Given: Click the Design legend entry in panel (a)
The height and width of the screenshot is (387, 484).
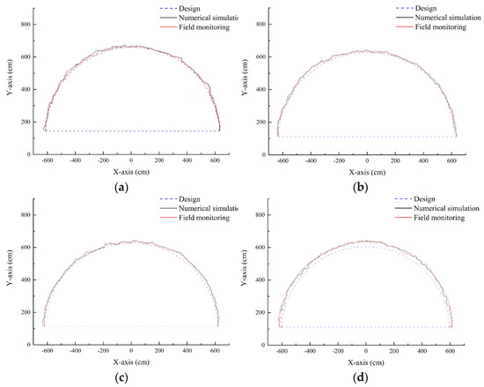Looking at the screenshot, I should pyautogui.click(x=186, y=7).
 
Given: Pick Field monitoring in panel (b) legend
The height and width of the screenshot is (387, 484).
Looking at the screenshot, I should pyautogui.click(x=435, y=30).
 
